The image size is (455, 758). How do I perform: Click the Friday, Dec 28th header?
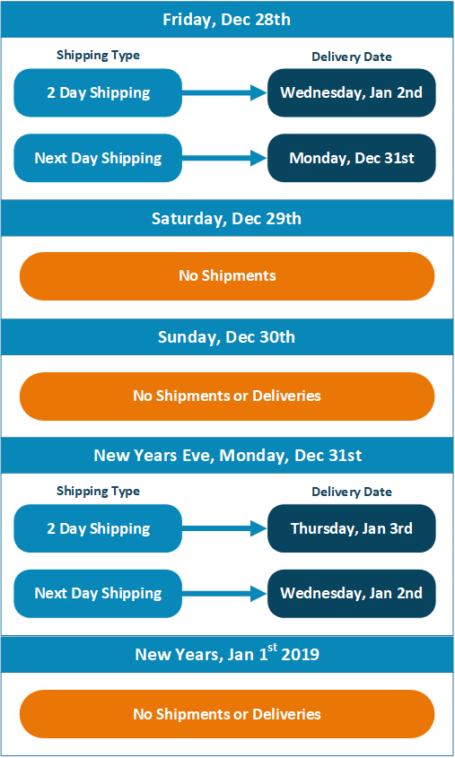227,20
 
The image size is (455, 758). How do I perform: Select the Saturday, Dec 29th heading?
227,218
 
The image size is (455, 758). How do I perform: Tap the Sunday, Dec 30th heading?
227,336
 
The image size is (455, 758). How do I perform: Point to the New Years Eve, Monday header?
227,455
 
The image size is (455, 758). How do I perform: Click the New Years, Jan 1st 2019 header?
227,654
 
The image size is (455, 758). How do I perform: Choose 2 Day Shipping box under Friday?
98,92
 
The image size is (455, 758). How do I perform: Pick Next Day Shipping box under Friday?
98,158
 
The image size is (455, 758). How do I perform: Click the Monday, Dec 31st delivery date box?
352,158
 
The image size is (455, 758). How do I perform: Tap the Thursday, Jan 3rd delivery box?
352,528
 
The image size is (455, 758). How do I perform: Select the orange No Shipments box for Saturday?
227,276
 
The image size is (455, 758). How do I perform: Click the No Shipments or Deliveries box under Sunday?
227,396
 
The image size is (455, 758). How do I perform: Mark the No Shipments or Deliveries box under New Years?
227,714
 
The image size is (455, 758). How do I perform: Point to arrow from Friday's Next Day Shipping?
224,158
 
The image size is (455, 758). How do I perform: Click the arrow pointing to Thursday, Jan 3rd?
224,528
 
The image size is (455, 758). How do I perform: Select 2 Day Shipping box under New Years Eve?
98,528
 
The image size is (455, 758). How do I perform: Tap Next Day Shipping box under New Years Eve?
98,594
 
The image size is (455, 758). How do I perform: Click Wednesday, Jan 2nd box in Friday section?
352,92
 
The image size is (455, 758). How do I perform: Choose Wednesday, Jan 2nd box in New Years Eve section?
352,594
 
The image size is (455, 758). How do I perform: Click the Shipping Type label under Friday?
98,56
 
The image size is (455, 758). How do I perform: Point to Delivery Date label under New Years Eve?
352,492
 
